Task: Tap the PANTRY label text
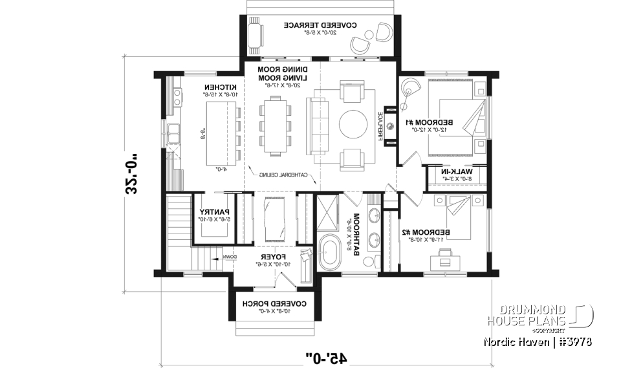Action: click(210, 211)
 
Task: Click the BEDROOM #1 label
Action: click(430, 122)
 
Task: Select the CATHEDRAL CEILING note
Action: click(280, 175)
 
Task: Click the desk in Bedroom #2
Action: click(446, 259)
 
